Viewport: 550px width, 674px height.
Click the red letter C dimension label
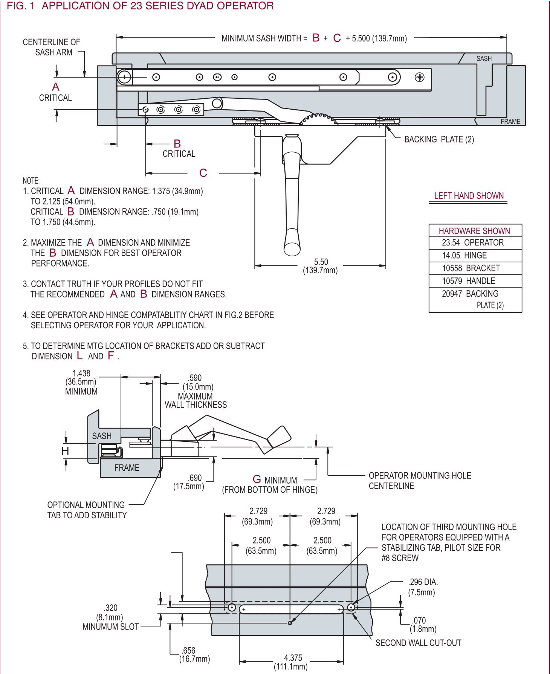coord(203,173)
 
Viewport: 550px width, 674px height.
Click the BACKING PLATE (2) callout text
coord(439,139)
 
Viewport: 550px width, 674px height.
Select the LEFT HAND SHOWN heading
coord(469,196)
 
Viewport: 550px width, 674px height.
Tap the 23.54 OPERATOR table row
coord(473,243)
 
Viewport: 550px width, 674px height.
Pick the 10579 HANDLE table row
coord(469,281)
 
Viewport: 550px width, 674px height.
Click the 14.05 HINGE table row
coord(464,256)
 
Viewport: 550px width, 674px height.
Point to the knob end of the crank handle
coord(292,248)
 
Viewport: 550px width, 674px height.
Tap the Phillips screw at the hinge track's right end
coord(419,77)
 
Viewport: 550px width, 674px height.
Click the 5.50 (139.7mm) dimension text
coord(321,266)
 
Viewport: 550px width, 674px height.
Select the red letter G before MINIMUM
coord(257,479)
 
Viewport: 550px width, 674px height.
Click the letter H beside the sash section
coord(65,451)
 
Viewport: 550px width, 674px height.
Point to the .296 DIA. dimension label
coord(423,587)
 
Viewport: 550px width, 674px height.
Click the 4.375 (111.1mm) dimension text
coord(292,662)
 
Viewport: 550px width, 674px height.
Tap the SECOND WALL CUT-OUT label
coord(418,643)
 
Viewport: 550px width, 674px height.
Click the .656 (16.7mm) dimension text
coord(194,655)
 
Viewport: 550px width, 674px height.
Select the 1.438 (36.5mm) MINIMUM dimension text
coord(81,382)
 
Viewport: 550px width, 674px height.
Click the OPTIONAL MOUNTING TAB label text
coord(87,510)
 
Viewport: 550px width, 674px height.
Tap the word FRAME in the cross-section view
coord(127,468)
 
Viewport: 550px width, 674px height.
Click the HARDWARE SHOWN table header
coord(474,231)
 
